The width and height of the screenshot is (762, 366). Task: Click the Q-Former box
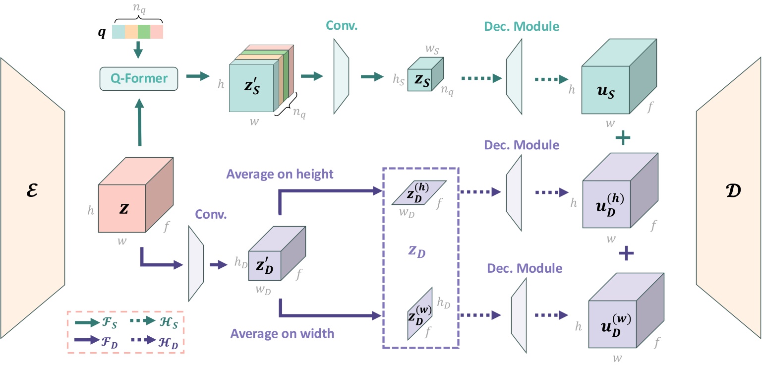pyautogui.click(x=138, y=79)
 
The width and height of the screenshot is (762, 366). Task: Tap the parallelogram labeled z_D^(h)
pyautogui.click(x=418, y=192)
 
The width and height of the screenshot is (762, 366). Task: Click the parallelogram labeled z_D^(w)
pyautogui.click(x=419, y=313)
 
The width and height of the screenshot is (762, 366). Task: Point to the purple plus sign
pyautogui.click(x=627, y=253)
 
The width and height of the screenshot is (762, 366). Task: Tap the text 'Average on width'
pyautogui.click(x=282, y=333)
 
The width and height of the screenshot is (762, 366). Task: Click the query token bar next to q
pyautogui.click(x=137, y=32)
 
